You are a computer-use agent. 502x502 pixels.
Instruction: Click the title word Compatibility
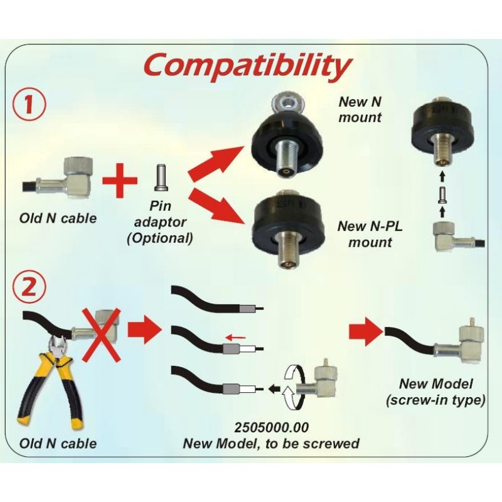point(246,65)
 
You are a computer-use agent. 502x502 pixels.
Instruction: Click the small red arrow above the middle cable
point(236,338)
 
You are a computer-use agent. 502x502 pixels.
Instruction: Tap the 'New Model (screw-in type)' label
point(435,392)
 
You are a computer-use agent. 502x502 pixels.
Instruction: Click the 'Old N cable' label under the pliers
point(58,443)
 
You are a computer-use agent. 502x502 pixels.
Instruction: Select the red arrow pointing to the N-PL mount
point(216,203)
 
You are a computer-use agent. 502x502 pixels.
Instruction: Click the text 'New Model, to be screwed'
point(271,444)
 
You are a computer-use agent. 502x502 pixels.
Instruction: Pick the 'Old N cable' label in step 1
point(58,218)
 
